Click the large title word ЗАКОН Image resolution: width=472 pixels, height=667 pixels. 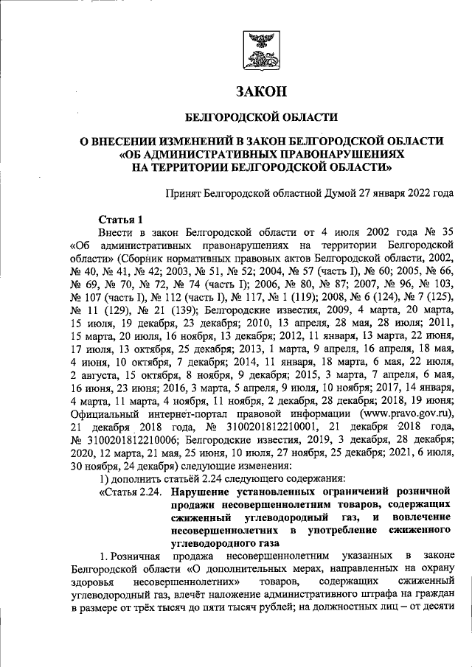[x=260, y=92]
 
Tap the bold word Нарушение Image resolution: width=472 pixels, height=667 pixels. [x=201, y=492]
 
